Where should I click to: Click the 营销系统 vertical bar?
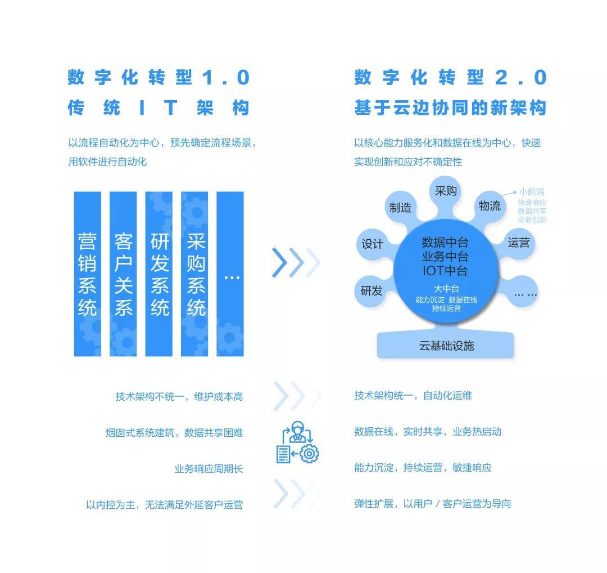coord(88,274)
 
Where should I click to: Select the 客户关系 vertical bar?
coord(123,274)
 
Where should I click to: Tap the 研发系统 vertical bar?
coord(159,274)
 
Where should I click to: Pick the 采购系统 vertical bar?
coord(194,274)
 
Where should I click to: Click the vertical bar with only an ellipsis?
coord(230,274)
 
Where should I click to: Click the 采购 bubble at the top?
coord(446,191)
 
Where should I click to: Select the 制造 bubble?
coord(401,207)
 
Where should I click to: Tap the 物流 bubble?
coord(490,205)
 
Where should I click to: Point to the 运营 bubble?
coord(518,243)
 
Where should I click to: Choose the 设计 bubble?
coord(373,244)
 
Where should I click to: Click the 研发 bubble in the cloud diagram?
coord(372,291)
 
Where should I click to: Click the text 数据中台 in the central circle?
coord(445,243)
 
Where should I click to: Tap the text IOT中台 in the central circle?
coord(445,271)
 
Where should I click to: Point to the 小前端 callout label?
coord(531,192)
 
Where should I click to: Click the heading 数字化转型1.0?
coord(158,78)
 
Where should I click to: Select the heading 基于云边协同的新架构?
coord(450,108)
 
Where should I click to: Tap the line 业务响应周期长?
coord(209,468)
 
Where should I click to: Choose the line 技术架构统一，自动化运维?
coord(413,396)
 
